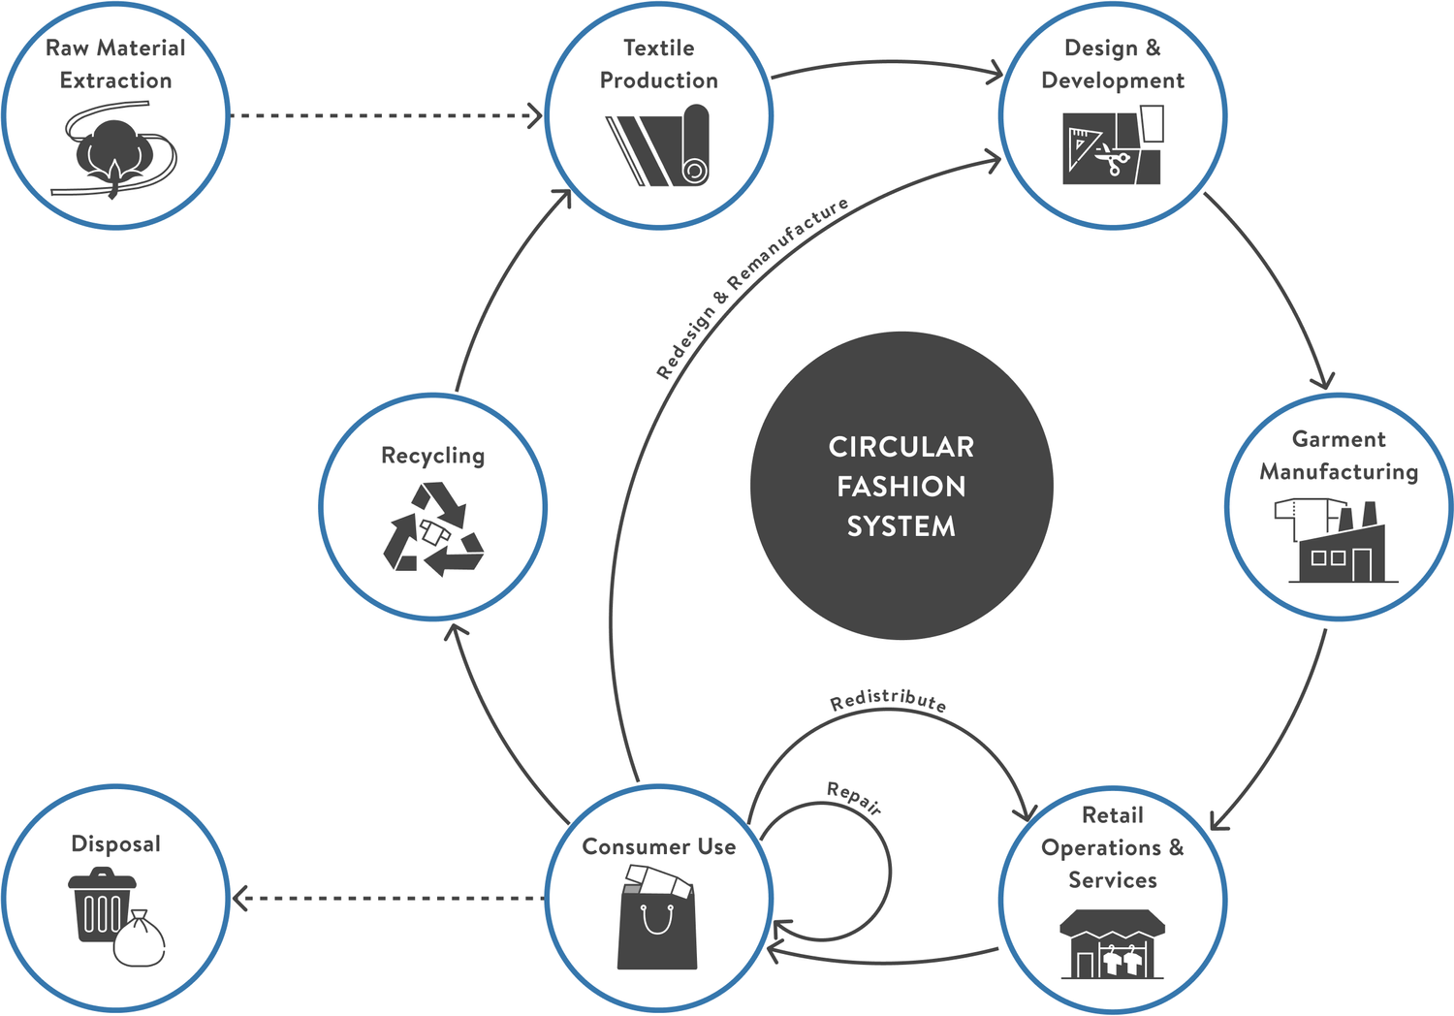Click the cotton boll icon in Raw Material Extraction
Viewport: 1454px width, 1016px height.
tap(114, 150)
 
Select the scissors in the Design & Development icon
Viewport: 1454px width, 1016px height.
tap(1115, 161)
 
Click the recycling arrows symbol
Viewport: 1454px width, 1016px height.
tap(433, 529)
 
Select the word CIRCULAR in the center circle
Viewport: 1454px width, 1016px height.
tap(901, 447)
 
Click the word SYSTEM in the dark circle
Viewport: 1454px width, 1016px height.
tap(901, 526)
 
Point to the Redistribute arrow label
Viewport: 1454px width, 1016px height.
tap(888, 700)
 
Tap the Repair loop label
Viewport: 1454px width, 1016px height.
tap(854, 798)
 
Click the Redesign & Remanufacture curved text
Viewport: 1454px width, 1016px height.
tap(750, 287)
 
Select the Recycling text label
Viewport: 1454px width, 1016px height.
tap(433, 456)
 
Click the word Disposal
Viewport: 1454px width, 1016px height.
tap(116, 843)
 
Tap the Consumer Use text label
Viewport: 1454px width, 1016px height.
tap(659, 846)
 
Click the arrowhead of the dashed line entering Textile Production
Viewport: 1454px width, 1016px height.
tap(534, 115)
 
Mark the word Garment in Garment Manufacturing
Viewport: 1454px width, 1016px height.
tap(1339, 439)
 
